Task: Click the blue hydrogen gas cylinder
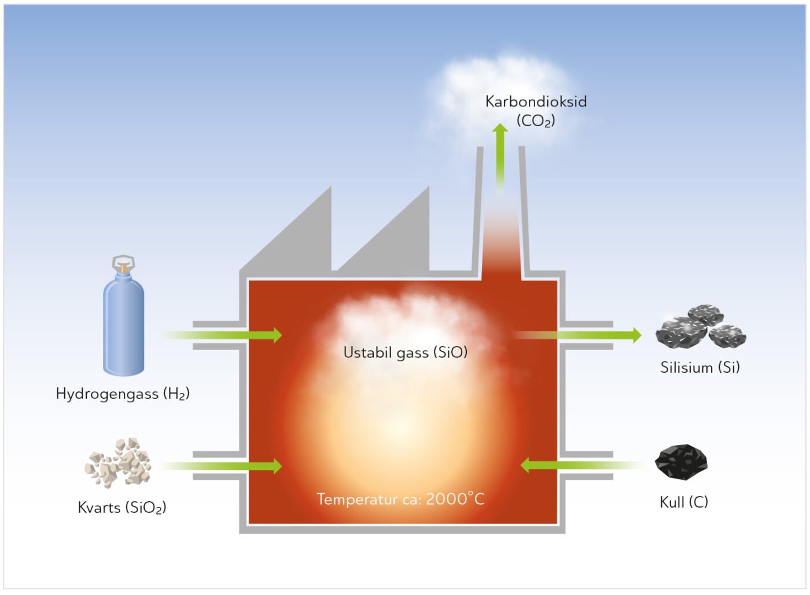point(123,327)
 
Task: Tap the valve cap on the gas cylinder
point(123,263)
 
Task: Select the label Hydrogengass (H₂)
point(123,394)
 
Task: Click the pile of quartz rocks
point(119,463)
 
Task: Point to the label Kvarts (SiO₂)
point(122,508)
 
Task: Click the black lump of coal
point(682,462)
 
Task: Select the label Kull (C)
point(684,502)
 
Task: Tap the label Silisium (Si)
point(700,368)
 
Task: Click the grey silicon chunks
point(700,328)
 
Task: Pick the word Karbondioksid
point(536,102)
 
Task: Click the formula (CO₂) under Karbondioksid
point(536,121)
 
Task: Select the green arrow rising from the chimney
point(500,156)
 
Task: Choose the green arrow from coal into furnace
point(579,465)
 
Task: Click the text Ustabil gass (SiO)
point(405,352)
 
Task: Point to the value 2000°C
point(455,498)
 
